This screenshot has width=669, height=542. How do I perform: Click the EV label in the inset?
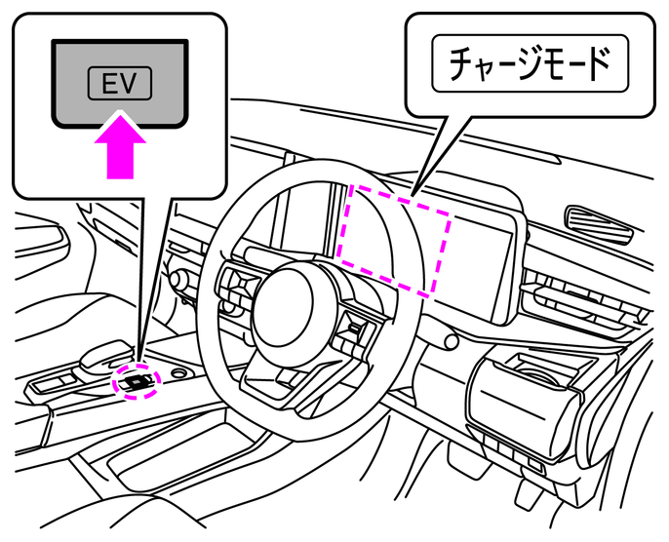point(120,85)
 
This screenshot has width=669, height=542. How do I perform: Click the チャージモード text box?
point(530,64)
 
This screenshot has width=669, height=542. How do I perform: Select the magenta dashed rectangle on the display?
point(393,240)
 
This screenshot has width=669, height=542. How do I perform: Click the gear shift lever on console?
point(103,355)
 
